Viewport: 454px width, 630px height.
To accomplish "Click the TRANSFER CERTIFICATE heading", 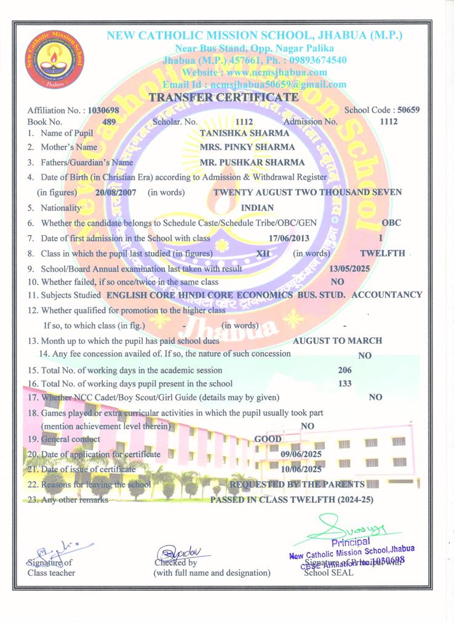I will click(224, 97).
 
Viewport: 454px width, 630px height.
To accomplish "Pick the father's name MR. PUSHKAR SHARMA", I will click(252, 163).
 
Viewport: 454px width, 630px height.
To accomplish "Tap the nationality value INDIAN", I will click(258, 208).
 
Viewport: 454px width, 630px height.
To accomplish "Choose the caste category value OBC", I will click(391, 223).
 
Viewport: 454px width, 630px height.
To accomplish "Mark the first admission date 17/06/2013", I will click(289, 238).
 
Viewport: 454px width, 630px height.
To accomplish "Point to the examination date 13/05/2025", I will click(350, 269).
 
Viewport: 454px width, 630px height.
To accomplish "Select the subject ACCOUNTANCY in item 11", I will click(387, 295).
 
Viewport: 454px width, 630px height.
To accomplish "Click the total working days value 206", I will click(345, 370).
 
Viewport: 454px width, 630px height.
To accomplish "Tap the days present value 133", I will click(345, 383).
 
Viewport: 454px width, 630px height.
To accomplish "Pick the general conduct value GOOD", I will click(268, 439).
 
